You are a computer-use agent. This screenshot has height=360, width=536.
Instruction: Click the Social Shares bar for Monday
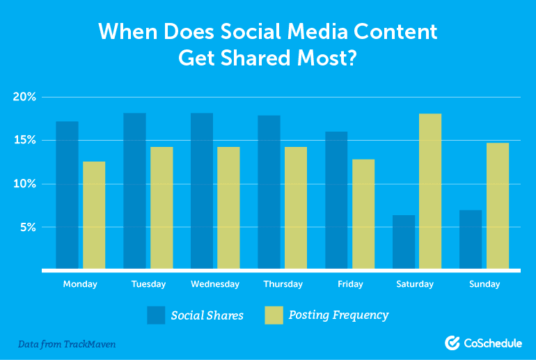tap(67, 195)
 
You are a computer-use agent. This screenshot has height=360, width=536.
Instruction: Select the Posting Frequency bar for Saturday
tap(430, 191)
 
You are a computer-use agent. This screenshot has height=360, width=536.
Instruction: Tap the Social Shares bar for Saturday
tap(404, 242)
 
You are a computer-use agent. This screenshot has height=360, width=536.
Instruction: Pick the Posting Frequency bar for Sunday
tap(498, 205)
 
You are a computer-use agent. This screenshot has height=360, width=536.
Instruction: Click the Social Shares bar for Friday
tap(336, 200)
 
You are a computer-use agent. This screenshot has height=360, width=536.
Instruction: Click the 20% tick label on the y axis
tap(24, 97)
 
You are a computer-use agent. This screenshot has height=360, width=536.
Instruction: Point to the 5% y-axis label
tap(27, 227)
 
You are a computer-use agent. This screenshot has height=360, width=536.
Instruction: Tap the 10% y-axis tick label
tap(24, 184)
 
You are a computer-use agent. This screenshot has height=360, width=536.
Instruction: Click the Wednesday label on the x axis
tap(215, 284)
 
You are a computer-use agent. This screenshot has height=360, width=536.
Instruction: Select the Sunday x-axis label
tap(484, 284)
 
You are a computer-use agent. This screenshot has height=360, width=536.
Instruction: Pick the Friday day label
tap(349, 284)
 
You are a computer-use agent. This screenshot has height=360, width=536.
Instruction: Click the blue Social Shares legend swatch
tap(157, 315)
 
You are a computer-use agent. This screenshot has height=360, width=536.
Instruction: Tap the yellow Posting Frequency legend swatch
tap(275, 315)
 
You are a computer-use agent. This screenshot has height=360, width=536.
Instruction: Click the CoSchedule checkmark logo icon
tap(452, 342)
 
